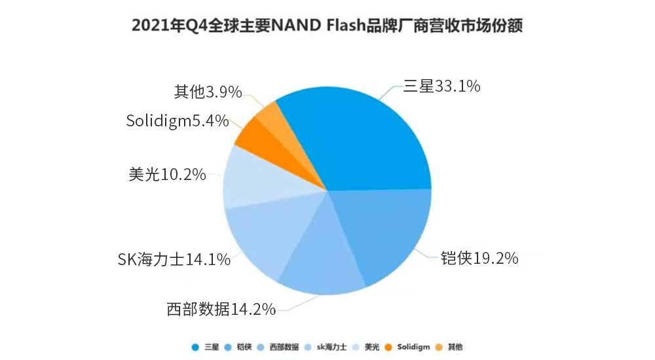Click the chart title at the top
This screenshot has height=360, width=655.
327,26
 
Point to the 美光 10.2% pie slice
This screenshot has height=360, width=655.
252,177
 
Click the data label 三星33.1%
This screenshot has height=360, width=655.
443,86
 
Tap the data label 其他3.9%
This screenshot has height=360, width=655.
208,92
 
